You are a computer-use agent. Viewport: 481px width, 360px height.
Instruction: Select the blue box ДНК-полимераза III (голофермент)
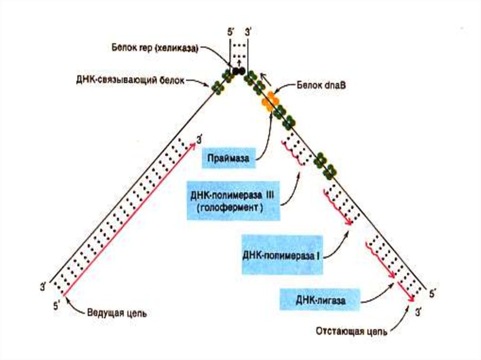[x=233, y=200]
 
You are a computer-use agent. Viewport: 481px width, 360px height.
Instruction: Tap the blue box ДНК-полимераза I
[x=282, y=256]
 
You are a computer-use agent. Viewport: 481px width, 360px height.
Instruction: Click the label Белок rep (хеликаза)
[x=155, y=48]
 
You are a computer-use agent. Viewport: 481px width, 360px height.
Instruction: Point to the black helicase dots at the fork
[x=239, y=71]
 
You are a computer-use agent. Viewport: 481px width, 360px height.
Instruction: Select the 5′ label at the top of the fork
[x=231, y=33]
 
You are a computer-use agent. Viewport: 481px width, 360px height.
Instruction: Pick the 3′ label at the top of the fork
[x=248, y=33]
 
